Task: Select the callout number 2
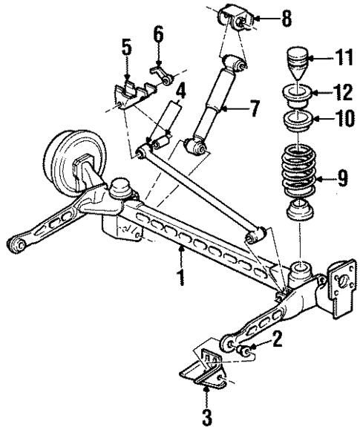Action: point(277,340)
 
